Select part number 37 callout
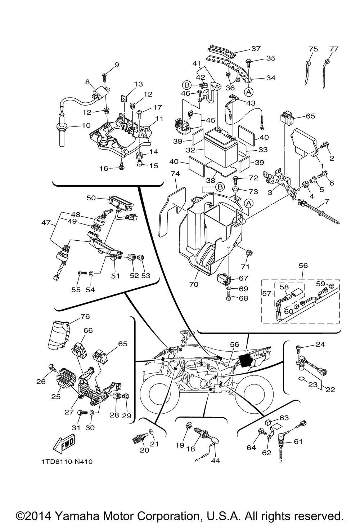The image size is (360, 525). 256,49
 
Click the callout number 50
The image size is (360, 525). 91,198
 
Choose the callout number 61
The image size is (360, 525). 298,441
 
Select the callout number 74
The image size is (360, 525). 175,173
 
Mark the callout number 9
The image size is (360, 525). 106,65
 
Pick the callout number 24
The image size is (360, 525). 320,344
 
